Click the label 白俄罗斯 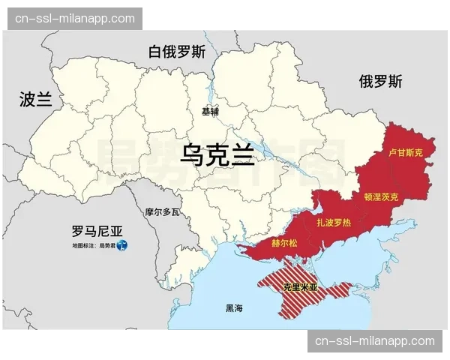coord(176,52)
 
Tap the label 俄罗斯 coord(380,81)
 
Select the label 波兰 coord(36,99)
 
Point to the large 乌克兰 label coord(217,155)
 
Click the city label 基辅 coord(210,111)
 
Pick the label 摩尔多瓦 coord(163,212)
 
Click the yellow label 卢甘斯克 coord(406,152)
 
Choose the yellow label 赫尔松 coord(284,244)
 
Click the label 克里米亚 coord(301,286)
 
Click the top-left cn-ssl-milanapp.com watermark coord(75,19)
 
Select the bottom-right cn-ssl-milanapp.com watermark coord(375,341)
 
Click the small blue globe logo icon coord(124,245)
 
